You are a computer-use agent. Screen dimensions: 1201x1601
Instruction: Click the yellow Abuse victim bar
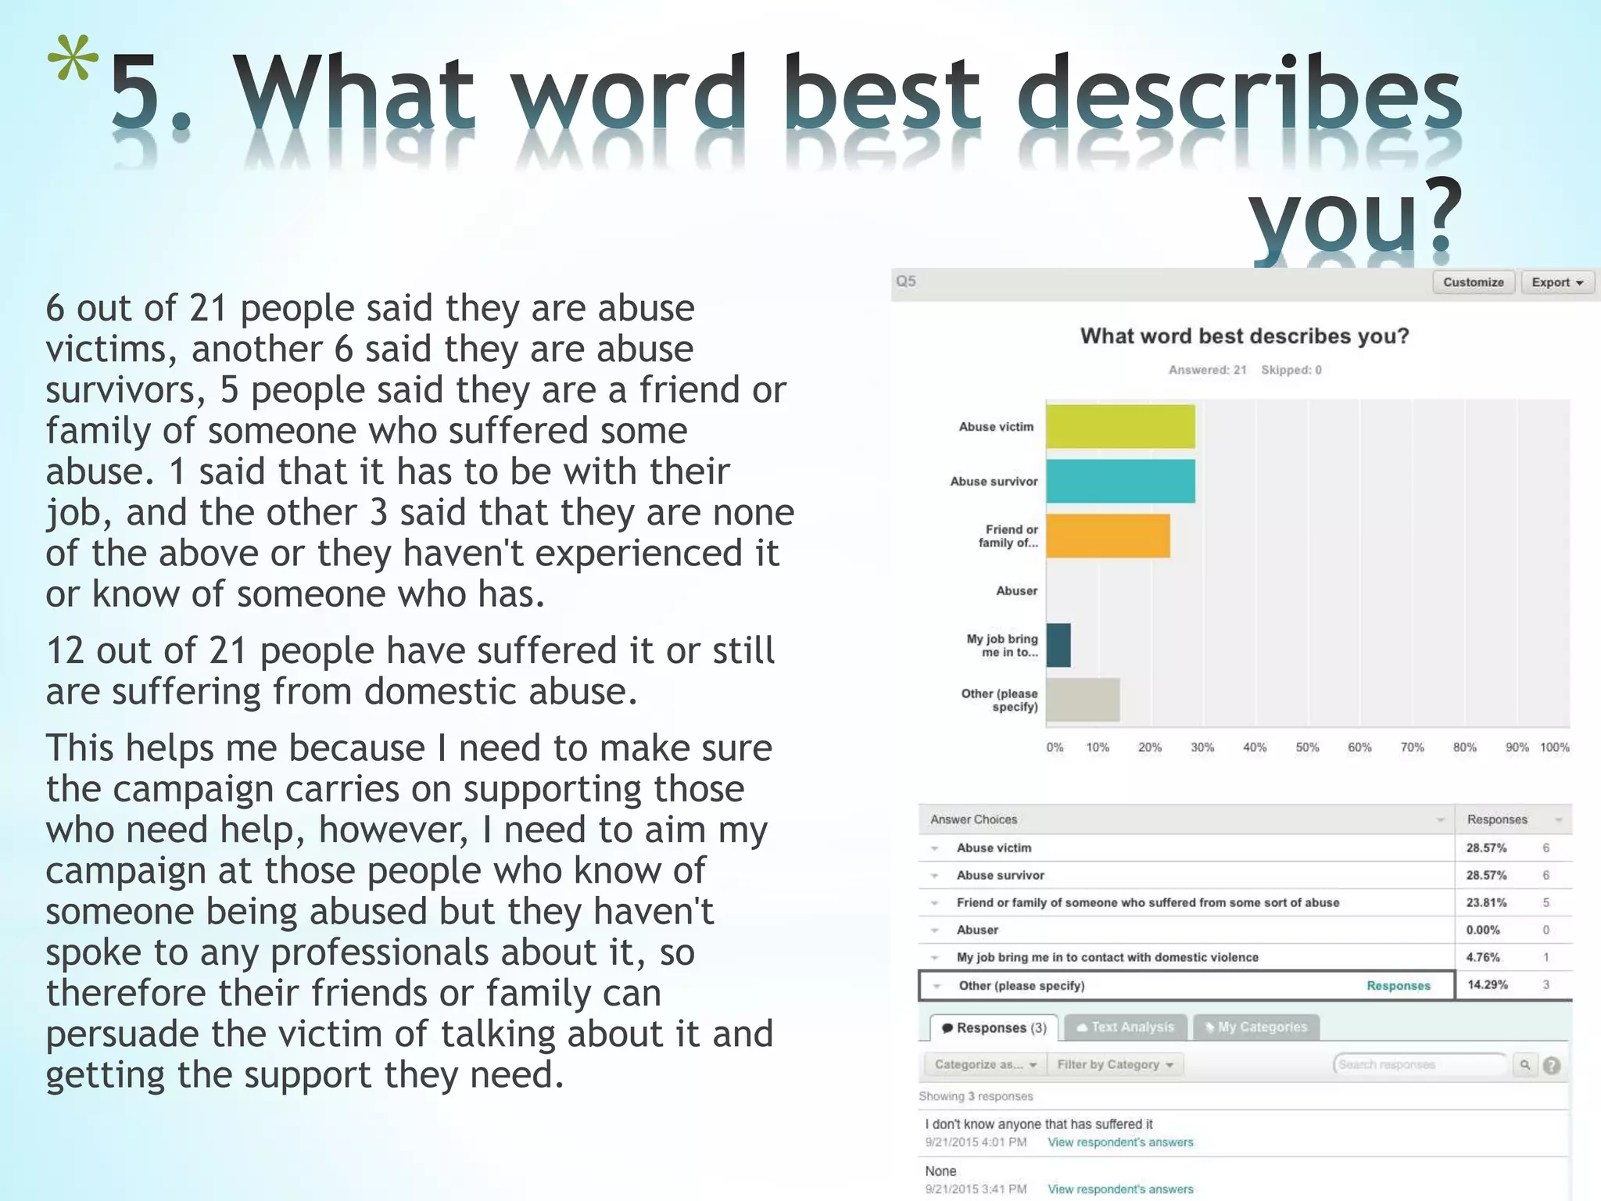point(1120,426)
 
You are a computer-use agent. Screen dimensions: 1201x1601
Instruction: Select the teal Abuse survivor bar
point(1120,481)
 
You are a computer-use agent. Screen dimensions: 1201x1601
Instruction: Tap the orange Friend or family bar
point(1108,536)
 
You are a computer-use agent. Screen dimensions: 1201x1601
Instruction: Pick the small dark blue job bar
point(1058,645)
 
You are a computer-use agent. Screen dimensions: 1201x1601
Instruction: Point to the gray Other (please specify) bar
point(1083,700)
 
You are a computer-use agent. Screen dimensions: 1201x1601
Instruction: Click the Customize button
point(1473,282)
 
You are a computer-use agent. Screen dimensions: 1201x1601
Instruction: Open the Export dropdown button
point(1556,282)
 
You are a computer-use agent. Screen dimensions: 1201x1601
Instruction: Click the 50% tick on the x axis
point(1307,747)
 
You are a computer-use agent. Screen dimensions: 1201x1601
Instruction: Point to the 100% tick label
point(1554,747)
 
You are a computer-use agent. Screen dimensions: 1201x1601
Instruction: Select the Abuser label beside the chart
point(1016,591)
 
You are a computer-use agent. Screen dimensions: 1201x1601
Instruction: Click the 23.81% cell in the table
point(1486,902)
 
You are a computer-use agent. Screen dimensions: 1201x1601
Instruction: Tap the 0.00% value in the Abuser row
point(1483,930)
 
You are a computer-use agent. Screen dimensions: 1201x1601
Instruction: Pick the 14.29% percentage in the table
point(1487,985)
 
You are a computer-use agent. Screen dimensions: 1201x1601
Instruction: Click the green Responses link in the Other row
point(1398,986)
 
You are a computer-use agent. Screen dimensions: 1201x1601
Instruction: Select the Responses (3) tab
point(994,1027)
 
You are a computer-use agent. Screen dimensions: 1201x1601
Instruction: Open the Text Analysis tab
point(1126,1027)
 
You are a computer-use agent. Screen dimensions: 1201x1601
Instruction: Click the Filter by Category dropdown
point(1115,1064)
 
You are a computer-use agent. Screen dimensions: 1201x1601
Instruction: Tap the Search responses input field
point(1419,1065)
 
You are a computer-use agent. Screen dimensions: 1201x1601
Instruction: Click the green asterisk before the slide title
point(73,61)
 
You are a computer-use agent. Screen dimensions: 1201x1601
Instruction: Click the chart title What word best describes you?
point(1244,336)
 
